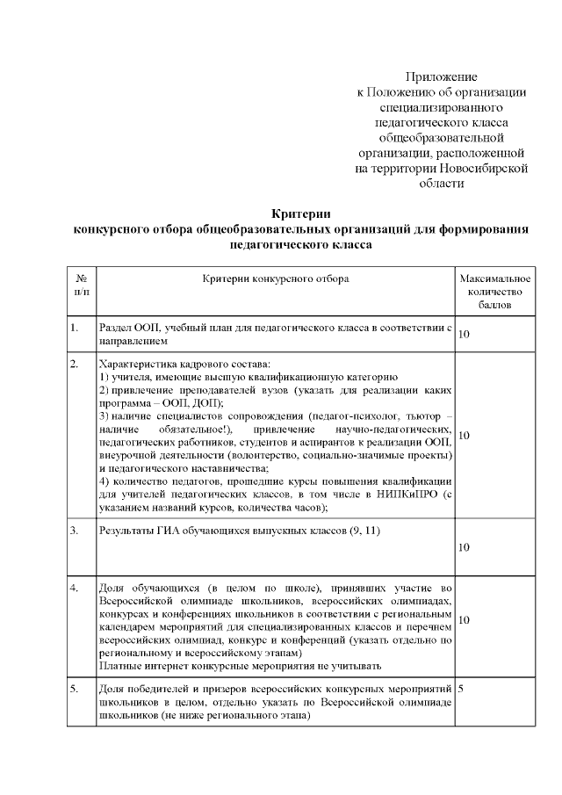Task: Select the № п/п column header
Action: coord(82,285)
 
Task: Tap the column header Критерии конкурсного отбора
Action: coord(275,278)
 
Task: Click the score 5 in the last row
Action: coord(462,688)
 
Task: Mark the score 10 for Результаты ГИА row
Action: coord(465,547)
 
